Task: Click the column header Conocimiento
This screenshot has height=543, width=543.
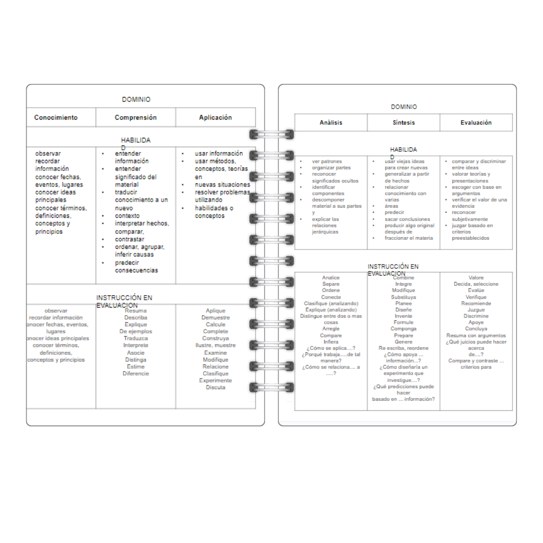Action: click(x=56, y=118)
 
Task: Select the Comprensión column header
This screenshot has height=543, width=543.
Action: click(x=136, y=118)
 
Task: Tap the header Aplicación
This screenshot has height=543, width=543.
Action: click(x=216, y=118)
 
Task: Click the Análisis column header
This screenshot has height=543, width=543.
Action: click(x=331, y=123)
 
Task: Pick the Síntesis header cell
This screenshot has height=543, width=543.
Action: click(x=404, y=123)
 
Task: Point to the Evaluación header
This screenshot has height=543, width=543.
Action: click(x=476, y=123)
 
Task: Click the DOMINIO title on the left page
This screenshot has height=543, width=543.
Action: click(x=136, y=100)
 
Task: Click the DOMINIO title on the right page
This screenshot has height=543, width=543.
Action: click(x=404, y=107)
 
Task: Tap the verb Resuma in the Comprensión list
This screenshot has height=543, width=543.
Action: click(x=136, y=311)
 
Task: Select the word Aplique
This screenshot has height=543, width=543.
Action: click(x=216, y=311)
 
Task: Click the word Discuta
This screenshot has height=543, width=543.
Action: click(x=216, y=387)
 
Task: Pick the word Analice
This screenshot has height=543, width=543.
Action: click(x=331, y=278)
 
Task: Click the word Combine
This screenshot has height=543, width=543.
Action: click(x=404, y=278)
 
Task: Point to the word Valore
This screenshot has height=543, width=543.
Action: click(x=476, y=278)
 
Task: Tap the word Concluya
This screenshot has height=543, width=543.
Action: click(x=476, y=329)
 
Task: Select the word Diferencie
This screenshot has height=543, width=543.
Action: click(x=136, y=374)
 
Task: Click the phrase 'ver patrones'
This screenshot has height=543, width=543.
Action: click(x=327, y=161)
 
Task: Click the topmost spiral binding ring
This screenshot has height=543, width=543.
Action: click(x=271, y=134)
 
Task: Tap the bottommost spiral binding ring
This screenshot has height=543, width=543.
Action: click(x=271, y=387)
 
